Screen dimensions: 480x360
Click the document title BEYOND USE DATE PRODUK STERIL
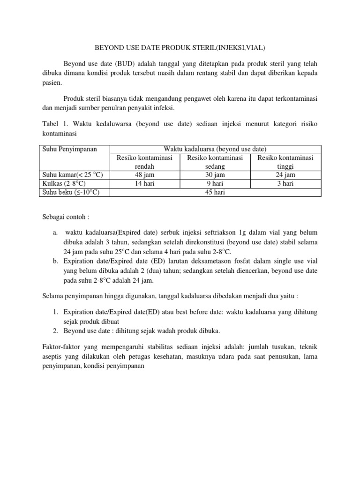(x=180, y=47)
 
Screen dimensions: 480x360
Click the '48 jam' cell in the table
(x=145, y=175)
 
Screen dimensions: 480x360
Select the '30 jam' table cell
(x=215, y=175)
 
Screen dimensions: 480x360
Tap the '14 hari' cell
(x=145, y=184)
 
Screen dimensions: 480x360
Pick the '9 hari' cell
(x=215, y=184)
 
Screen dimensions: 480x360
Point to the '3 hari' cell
(x=285, y=184)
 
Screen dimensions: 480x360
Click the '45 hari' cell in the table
(x=215, y=192)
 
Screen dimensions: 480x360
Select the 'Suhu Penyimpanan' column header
(x=67, y=150)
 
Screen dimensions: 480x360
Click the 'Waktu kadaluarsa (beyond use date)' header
(x=215, y=150)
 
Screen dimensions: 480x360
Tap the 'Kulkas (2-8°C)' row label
(x=61, y=184)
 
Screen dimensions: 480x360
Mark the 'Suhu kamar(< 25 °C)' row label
(x=70, y=175)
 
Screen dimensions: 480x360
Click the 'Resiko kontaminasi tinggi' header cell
(x=285, y=162)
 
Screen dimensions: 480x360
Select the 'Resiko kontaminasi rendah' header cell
(x=145, y=162)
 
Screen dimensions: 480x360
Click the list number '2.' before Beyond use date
(x=55, y=331)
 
